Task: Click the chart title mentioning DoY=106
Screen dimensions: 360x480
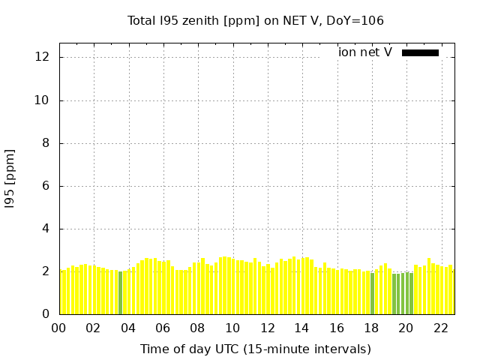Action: (x=256, y=21)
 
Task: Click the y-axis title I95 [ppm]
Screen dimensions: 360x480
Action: (x=10, y=178)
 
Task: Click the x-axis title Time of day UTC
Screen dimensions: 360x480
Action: (x=256, y=349)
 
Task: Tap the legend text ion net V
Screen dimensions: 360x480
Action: (x=365, y=52)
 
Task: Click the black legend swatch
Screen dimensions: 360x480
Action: (x=420, y=52)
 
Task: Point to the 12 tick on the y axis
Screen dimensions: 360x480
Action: (x=43, y=58)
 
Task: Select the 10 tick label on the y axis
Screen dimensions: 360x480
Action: (x=43, y=100)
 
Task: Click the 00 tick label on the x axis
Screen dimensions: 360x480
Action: (x=59, y=328)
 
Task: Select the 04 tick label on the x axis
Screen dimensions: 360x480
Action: (x=128, y=328)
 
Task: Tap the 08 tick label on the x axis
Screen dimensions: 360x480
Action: (x=198, y=328)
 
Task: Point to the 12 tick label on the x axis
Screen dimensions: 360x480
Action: (x=267, y=328)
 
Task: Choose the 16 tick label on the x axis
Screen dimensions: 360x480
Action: (x=337, y=328)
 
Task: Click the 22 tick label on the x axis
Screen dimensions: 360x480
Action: (x=440, y=328)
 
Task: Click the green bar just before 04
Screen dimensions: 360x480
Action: (x=120, y=293)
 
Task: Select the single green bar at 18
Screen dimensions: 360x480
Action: (x=372, y=294)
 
